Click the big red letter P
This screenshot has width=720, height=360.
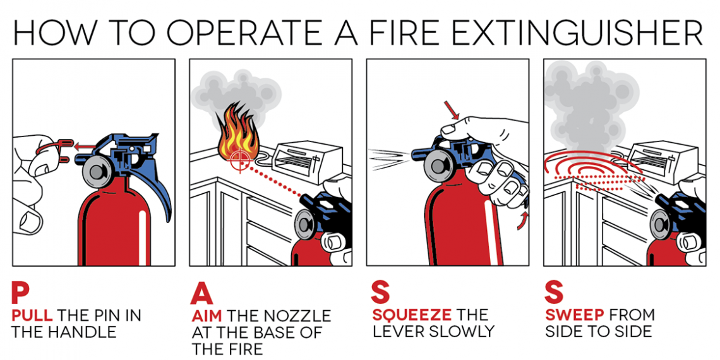(20, 294)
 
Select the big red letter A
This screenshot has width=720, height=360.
(201, 294)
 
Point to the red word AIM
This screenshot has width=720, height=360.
(206, 316)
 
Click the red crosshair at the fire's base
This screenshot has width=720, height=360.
(238, 159)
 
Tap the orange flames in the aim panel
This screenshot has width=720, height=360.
(237, 133)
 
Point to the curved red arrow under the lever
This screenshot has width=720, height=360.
(522, 220)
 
